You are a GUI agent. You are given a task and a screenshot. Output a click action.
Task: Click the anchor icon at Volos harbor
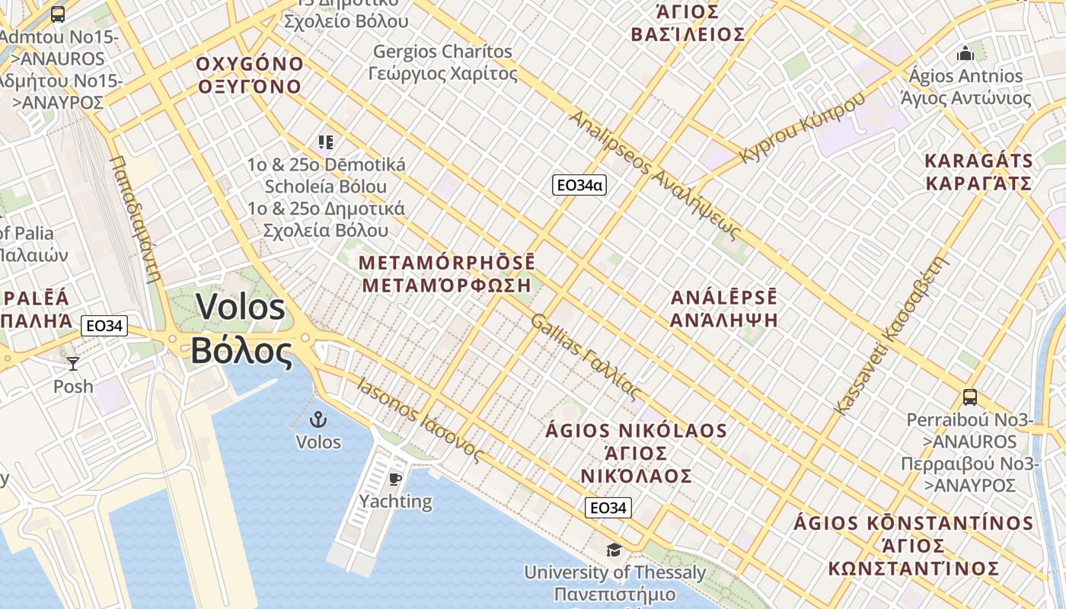318,419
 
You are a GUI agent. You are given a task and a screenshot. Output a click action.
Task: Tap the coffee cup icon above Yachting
394,479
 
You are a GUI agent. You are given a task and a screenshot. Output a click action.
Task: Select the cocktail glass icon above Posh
73,364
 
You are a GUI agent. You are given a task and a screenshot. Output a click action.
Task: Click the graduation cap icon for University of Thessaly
613,550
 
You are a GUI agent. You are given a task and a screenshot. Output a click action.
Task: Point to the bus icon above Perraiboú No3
969,397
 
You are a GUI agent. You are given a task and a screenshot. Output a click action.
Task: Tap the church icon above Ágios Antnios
965,54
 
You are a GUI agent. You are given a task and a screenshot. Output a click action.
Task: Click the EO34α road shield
579,185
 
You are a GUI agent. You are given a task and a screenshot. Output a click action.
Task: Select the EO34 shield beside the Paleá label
104,326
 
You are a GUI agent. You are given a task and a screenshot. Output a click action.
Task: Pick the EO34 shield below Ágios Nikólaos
608,508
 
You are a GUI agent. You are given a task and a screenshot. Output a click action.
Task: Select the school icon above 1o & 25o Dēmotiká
326,142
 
